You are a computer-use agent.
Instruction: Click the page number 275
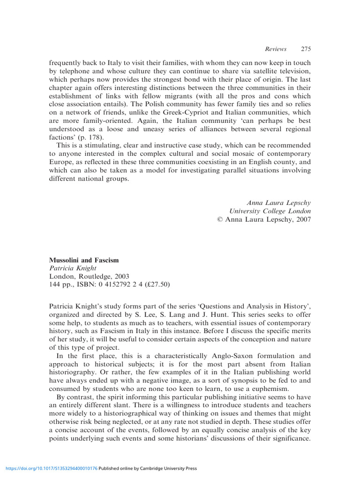coord(306,49)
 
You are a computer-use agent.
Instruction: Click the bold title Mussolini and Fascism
coord(84,260)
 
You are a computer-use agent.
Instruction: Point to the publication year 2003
coord(120,276)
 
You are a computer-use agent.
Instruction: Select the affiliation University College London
coord(270,211)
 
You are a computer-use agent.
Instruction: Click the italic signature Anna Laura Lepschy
coord(278,202)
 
